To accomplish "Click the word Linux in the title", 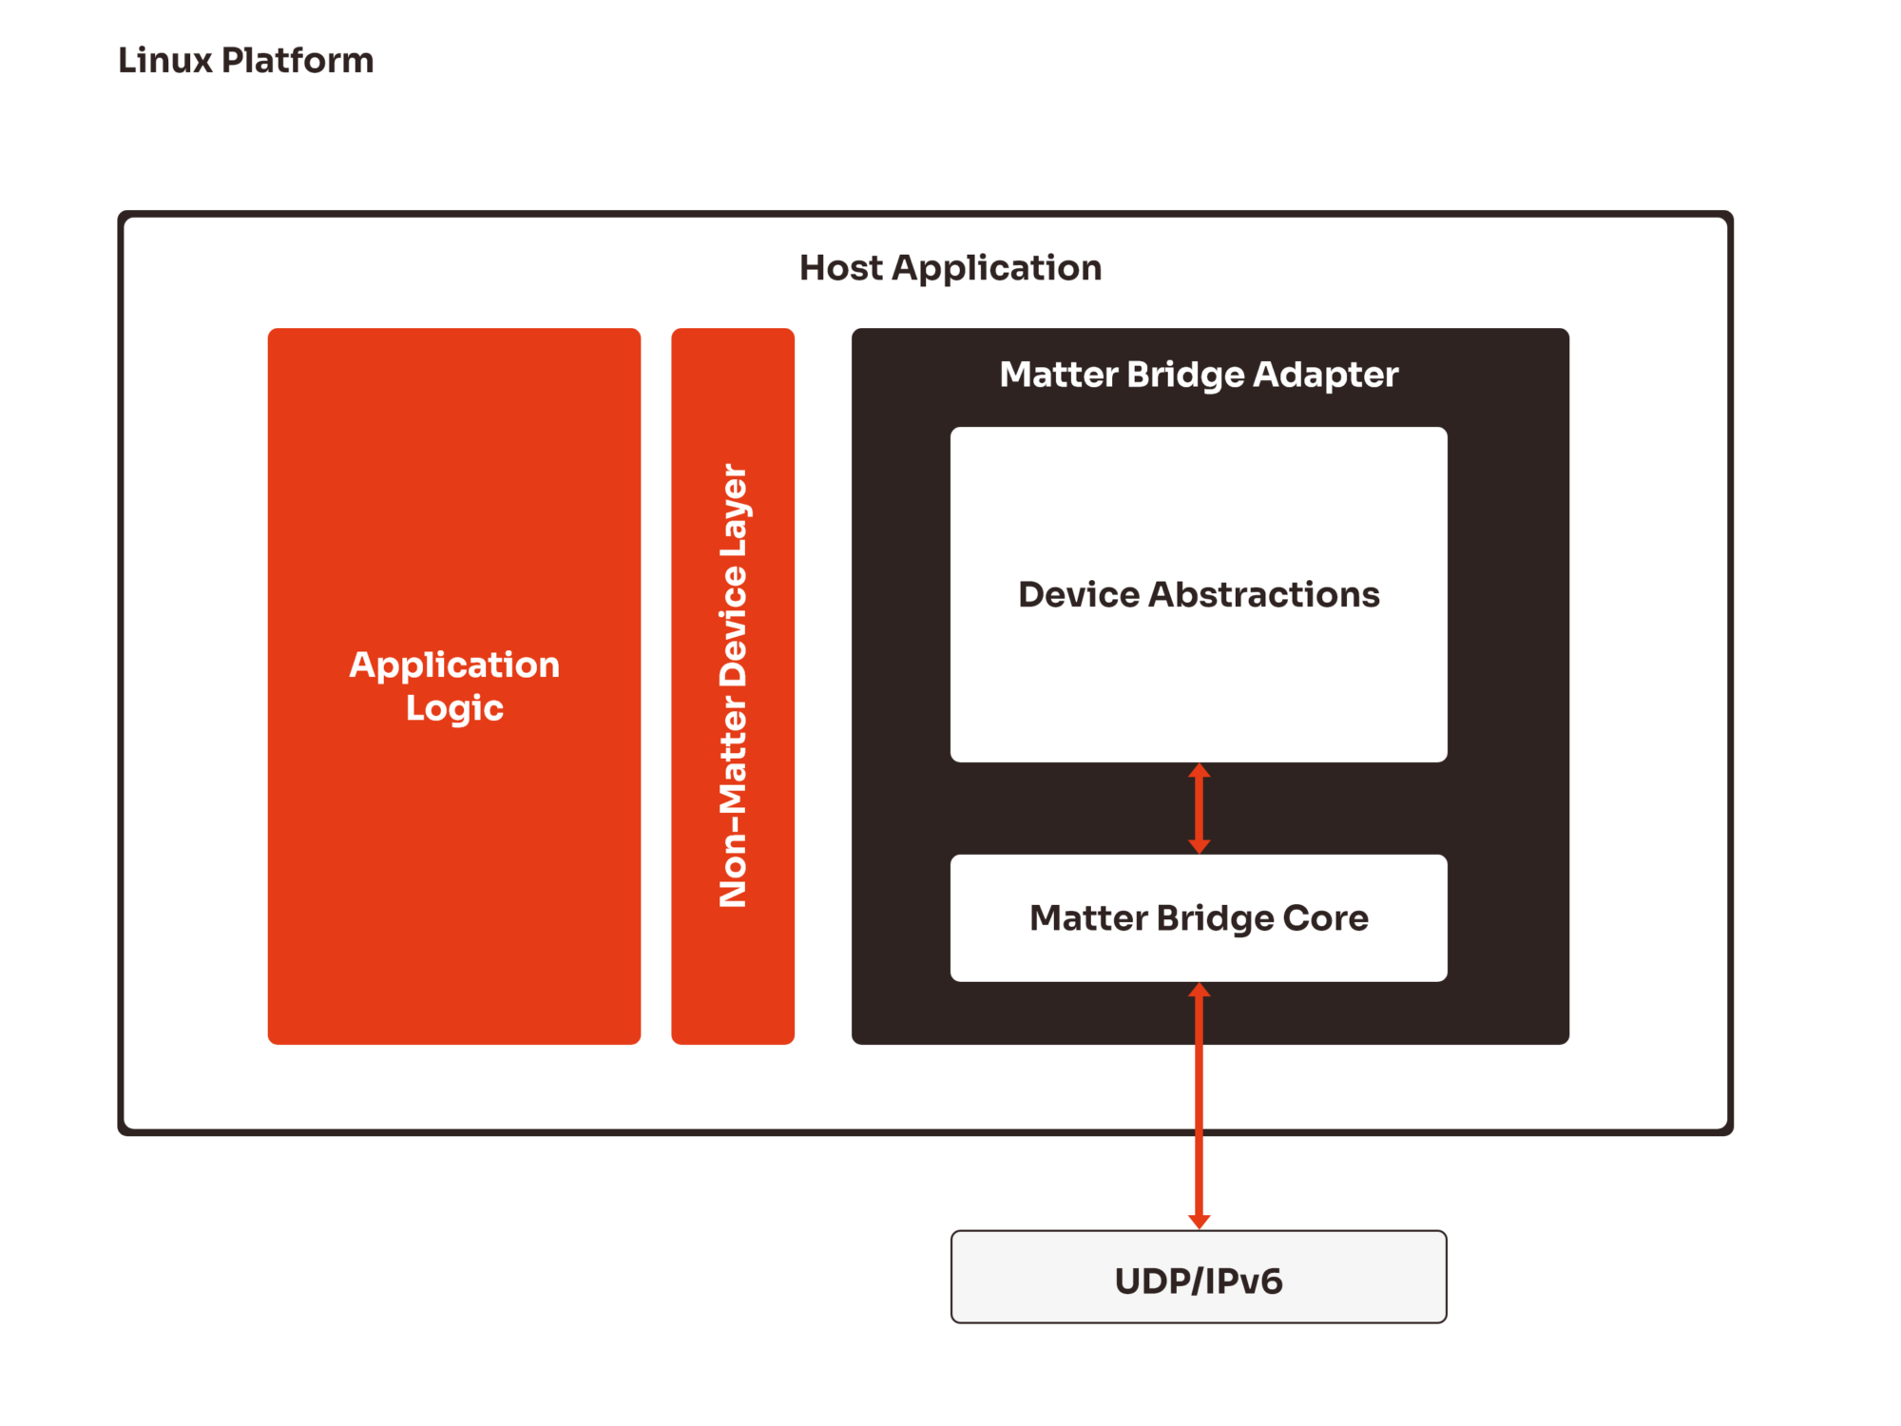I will click(165, 61).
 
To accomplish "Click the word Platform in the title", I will click(297, 61).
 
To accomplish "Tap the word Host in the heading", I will click(840, 268).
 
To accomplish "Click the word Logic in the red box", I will click(454, 709).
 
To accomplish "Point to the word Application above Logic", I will click(454, 665).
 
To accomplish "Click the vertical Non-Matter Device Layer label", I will click(733, 684).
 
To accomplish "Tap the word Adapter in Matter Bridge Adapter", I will click(1325, 376).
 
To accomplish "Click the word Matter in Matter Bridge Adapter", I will click(1058, 375).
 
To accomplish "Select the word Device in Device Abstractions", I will click(1078, 595).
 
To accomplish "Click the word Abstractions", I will click(1264, 595).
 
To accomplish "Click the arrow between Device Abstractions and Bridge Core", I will click(1200, 809).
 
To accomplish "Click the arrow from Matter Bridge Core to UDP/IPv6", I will click(1200, 1103).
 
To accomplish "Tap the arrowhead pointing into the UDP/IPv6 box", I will click(1200, 1222).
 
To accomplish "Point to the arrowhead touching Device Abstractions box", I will click(1200, 771).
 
